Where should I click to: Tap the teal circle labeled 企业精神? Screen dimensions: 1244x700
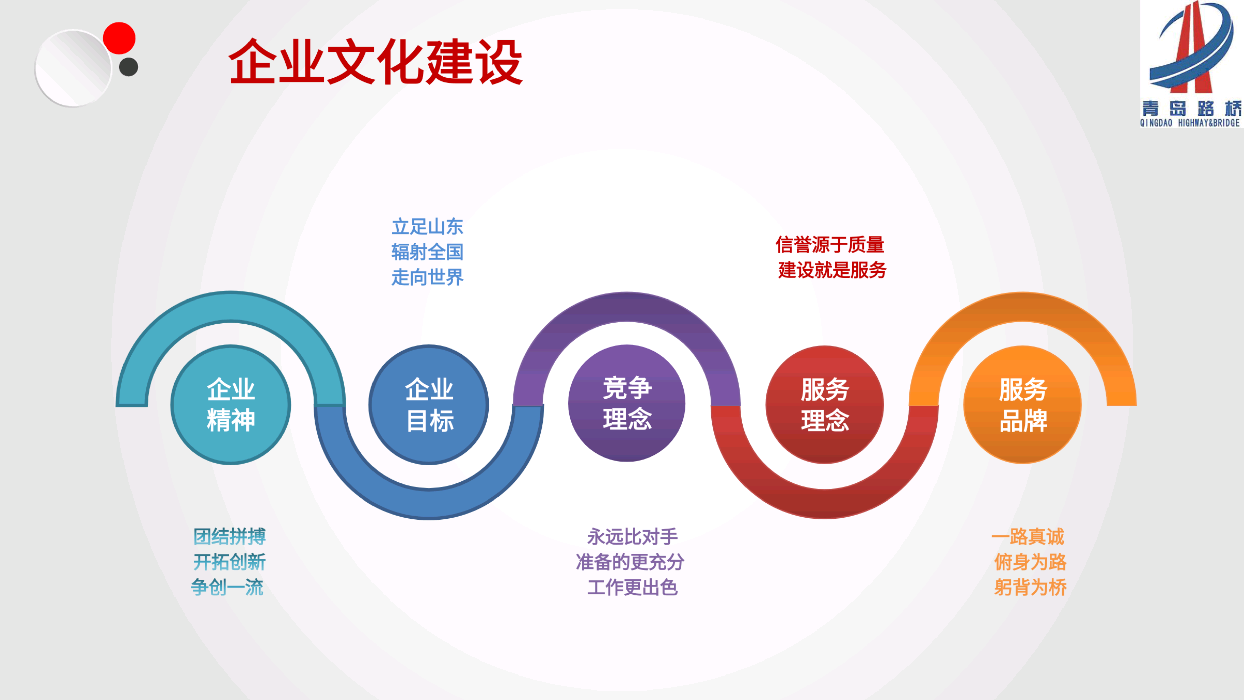(x=231, y=405)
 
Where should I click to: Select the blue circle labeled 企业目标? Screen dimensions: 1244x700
(x=429, y=405)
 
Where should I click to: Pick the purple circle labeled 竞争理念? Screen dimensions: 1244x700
(x=627, y=403)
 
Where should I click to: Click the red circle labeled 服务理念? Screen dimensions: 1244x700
(x=825, y=405)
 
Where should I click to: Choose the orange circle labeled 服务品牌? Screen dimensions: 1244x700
(x=1023, y=405)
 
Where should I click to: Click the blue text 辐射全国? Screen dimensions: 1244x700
(x=427, y=252)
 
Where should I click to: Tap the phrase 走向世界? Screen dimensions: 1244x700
(x=427, y=277)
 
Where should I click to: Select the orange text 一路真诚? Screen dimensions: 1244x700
(x=1028, y=537)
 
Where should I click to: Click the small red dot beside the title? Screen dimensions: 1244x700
(x=119, y=38)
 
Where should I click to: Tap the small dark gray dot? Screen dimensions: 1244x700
(x=129, y=67)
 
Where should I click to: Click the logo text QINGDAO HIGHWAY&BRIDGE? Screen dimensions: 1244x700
(x=1190, y=123)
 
